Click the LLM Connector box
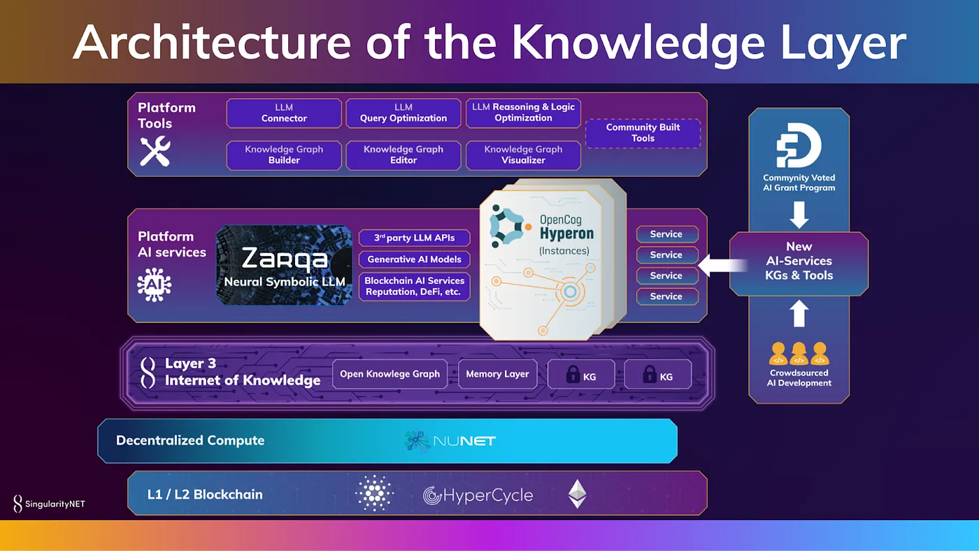click(284, 113)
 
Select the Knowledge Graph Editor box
click(403, 155)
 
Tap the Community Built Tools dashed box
click(643, 133)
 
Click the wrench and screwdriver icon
click(155, 151)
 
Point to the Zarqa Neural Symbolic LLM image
click(284, 264)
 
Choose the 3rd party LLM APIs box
click(414, 238)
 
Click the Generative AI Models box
click(414, 259)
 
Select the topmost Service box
click(666, 234)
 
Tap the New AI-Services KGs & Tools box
click(799, 261)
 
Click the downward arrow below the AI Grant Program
click(799, 214)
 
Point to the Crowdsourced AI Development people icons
click(799, 354)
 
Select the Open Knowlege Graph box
click(390, 374)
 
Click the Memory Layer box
click(497, 374)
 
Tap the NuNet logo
click(450, 441)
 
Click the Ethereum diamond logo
click(577, 494)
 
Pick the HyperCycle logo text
click(478, 496)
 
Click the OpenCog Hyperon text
click(566, 228)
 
